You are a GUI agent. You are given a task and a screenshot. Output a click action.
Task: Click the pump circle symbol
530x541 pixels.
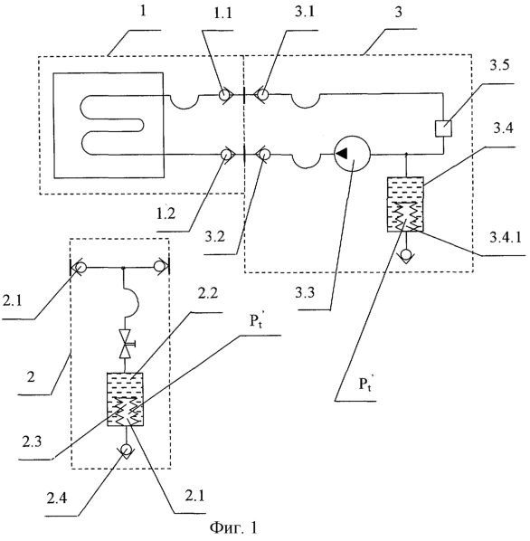pos(352,154)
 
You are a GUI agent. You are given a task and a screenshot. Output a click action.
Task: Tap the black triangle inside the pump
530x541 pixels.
pos(342,153)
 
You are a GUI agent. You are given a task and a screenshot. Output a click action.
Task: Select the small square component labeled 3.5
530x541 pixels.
pos(443,128)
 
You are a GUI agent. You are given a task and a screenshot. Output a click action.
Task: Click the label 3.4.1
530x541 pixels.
pos(506,237)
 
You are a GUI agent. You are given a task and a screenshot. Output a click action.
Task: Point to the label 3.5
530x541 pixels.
pos(499,65)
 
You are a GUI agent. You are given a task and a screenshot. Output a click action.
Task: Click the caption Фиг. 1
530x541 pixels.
pos(233,528)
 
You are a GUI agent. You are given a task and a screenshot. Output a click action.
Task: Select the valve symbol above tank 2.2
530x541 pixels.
pos(126,344)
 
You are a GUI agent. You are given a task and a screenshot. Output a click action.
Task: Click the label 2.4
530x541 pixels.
pos(57,498)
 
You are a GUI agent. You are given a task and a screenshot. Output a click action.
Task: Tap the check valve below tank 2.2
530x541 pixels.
pos(125,451)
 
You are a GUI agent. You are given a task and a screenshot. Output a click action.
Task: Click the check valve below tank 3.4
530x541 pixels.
pos(405,255)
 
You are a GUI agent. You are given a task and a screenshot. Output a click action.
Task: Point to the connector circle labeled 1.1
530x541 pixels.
pos(226,94)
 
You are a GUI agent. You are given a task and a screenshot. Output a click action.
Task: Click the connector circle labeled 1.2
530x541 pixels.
pos(226,155)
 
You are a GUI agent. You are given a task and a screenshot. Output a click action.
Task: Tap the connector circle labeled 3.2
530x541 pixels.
pos(263,155)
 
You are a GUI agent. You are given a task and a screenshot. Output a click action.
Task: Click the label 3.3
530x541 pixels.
pos(305,292)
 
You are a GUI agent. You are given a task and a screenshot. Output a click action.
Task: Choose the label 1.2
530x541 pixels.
pos(166,214)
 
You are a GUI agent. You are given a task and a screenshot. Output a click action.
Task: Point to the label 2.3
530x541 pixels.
pos(32,442)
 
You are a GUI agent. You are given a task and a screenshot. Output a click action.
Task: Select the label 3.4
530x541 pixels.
pos(503,128)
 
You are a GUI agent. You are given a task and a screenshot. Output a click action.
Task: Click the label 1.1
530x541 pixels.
pos(222,13)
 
